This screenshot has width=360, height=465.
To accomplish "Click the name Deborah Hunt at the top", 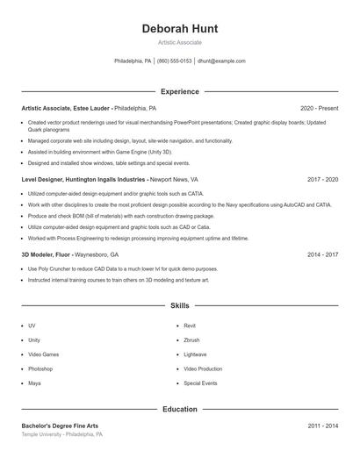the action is pos(179,29).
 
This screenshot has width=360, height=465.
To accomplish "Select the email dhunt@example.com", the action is pos(221,61).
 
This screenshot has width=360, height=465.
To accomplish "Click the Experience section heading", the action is pos(179,91).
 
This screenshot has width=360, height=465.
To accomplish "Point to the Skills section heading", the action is pos(179,305).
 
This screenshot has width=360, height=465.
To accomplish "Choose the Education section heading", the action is pos(179,410).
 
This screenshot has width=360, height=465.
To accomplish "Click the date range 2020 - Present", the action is pos(319,108).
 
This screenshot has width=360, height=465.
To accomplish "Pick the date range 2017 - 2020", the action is pos(322,179).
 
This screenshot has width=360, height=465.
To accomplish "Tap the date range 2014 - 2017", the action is pos(322,254).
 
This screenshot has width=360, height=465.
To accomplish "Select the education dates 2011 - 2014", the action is pos(322,426).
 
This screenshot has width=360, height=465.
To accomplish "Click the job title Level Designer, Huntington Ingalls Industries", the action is pos(83,179).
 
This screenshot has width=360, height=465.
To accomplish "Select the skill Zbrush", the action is pos(191,340).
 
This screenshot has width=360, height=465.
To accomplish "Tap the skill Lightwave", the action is pos(195,354).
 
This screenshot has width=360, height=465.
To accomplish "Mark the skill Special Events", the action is pos(200,383).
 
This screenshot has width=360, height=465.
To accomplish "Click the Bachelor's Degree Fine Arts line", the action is pos(60,426).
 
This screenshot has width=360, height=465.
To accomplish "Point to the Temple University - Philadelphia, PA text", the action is pos(61,434).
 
